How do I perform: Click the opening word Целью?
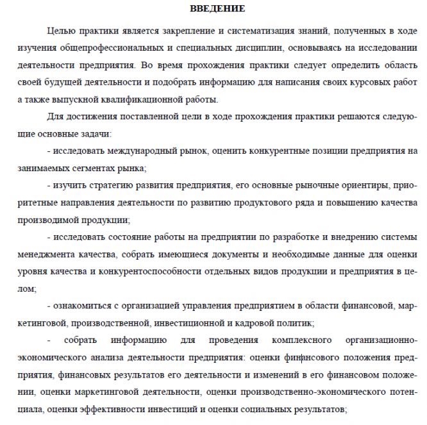60,31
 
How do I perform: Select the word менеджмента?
46,253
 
